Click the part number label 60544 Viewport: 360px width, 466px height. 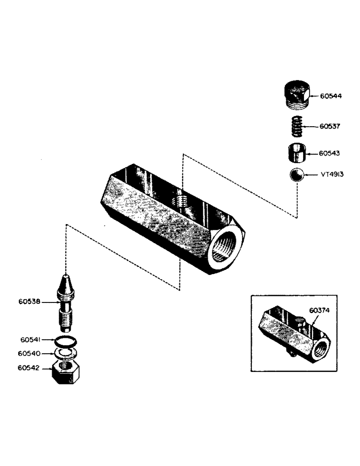click(x=331, y=96)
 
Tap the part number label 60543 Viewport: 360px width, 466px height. click(x=331, y=153)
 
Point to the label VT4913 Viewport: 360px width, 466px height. click(x=332, y=176)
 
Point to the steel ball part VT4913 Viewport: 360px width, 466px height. click(x=296, y=176)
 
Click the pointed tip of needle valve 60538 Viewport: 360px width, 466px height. click(x=67, y=280)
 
